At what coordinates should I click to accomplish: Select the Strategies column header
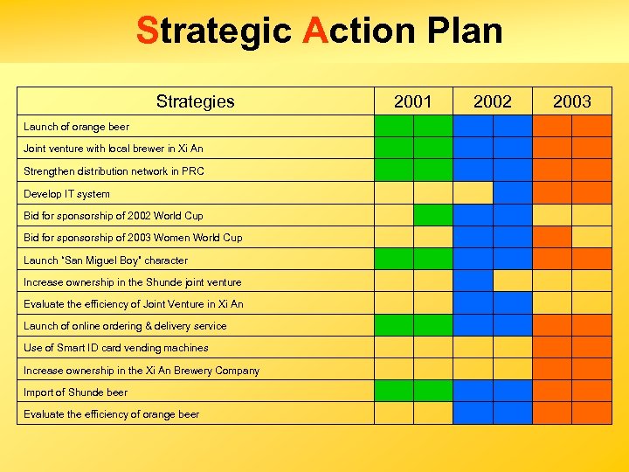[195, 101]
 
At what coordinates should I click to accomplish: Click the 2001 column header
[412, 101]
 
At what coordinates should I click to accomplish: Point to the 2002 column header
[493, 101]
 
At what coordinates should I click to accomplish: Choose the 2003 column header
[572, 101]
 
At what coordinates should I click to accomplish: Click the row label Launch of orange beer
[76, 127]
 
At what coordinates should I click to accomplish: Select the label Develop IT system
[66, 194]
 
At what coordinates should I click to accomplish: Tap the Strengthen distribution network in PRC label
[114, 171]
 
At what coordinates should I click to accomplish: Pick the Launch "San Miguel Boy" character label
[105, 260]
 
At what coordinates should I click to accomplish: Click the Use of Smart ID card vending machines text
[115, 348]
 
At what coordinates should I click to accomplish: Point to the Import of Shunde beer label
[75, 392]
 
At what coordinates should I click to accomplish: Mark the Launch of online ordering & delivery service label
[125, 326]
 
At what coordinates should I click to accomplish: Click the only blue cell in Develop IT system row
[512, 192]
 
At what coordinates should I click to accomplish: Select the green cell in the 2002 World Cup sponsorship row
[432, 214]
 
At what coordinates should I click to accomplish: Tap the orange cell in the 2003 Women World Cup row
[552, 237]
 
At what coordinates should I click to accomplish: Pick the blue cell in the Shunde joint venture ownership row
[473, 281]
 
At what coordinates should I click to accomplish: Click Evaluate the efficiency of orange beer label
[111, 414]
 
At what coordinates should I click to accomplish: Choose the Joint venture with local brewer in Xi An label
[113, 149]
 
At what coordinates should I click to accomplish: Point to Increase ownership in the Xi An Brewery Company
[142, 371]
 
